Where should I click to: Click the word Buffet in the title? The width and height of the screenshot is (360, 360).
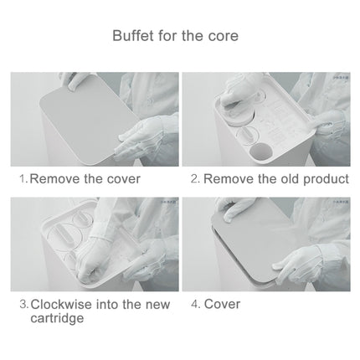(x=132, y=36)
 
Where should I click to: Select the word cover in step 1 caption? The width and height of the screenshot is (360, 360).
(x=121, y=179)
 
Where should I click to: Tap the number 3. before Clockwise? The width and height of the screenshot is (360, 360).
(x=23, y=304)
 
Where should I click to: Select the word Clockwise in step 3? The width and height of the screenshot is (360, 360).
(x=62, y=304)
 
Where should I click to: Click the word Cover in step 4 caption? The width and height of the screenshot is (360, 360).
(x=222, y=304)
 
